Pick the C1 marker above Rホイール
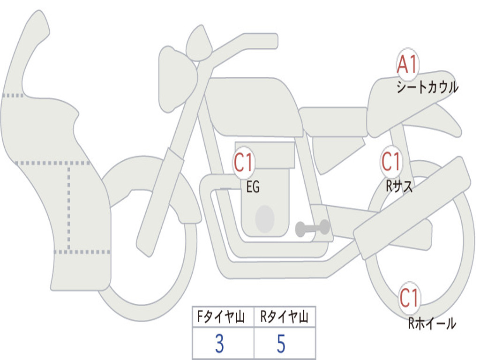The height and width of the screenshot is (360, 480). click(x=409, y=298)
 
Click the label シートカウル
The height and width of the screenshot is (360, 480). click(x=427, y=87)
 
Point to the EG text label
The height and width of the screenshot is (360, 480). click(x=253, y=187)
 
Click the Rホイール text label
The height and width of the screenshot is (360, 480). click(x=432, y=323)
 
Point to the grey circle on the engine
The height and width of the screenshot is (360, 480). click(x=265, y=219)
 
